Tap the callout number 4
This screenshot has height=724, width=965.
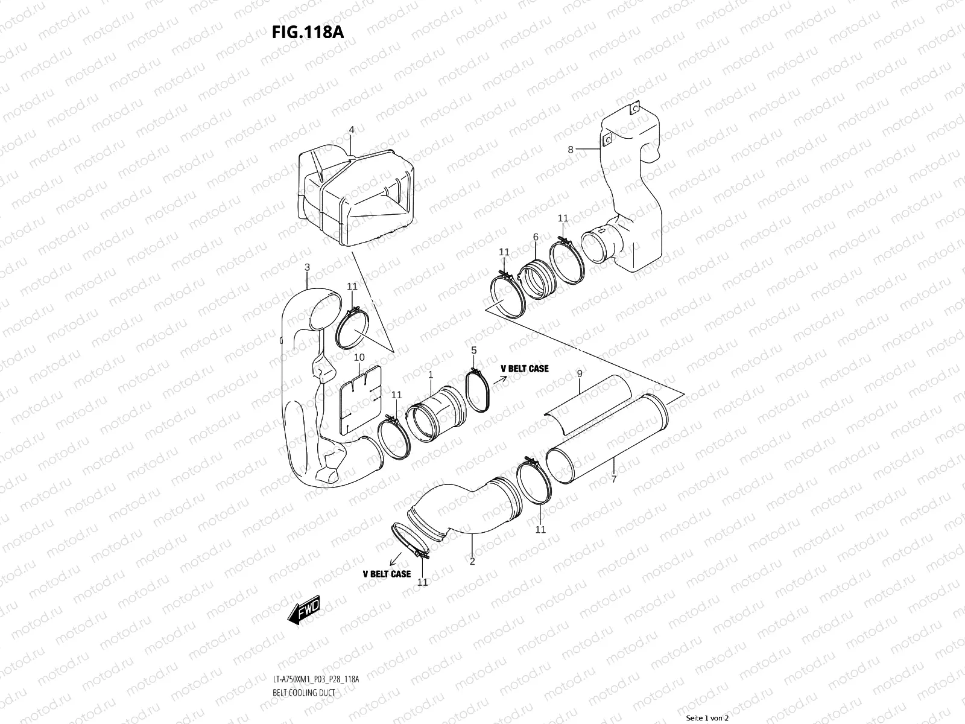pyautogui.click(x=352, y=130)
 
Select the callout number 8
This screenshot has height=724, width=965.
pyautogui.click(x=571, y=149)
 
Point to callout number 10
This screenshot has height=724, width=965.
pyautogui.click(x=359, y=357)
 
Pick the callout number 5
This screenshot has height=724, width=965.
pyautogui.click(x=474, y=351)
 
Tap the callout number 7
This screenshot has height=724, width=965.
pyautogui.click(x=613, y=462)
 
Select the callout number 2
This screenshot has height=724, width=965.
pyautogui.click(x=472, y=561)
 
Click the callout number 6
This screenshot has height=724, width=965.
pyautogui.click(x=535, y=238)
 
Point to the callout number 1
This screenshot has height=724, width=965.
pyautogui.click(x=431, y=375)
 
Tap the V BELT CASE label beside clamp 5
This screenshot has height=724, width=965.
pyautogui.click(x=524, y=369)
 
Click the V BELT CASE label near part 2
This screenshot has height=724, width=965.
pyautogui.click(x=387, y=574)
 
